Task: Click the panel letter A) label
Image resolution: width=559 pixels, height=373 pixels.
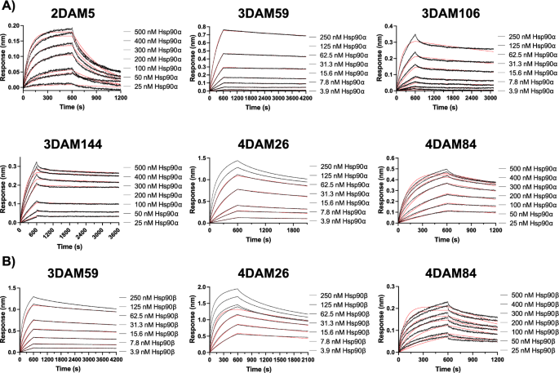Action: coord(9,7)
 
